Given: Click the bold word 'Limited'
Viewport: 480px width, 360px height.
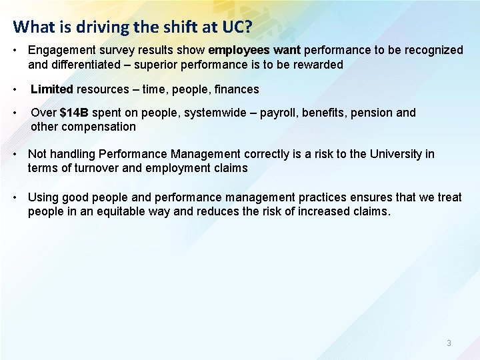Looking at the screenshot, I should pos(52,89).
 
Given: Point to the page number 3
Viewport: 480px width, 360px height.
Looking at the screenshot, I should pos(449,343).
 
